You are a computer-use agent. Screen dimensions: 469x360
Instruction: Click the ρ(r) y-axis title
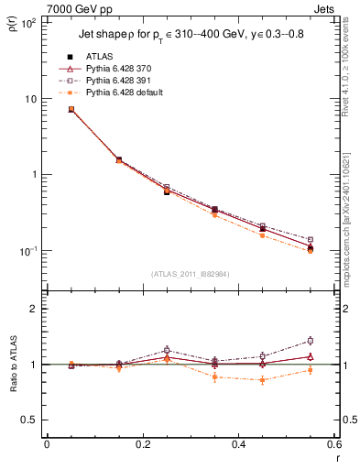click(14, 27)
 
